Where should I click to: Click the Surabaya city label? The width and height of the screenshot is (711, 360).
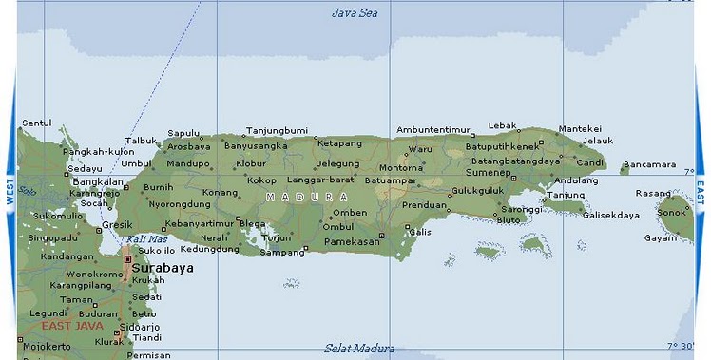[163, 268]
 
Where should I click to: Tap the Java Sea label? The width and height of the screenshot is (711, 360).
[355, 12]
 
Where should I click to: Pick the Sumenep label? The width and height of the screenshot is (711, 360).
[488, 173]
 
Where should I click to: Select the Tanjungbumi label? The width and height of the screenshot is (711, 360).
[277, 129]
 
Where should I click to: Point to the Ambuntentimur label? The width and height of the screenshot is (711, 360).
[433, 129]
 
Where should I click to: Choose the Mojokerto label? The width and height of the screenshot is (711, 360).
[46, 346]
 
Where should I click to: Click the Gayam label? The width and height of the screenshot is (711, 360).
[661, 237]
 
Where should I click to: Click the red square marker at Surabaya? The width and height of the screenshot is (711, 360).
[127, 257]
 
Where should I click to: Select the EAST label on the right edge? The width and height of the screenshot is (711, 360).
[701, 192]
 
